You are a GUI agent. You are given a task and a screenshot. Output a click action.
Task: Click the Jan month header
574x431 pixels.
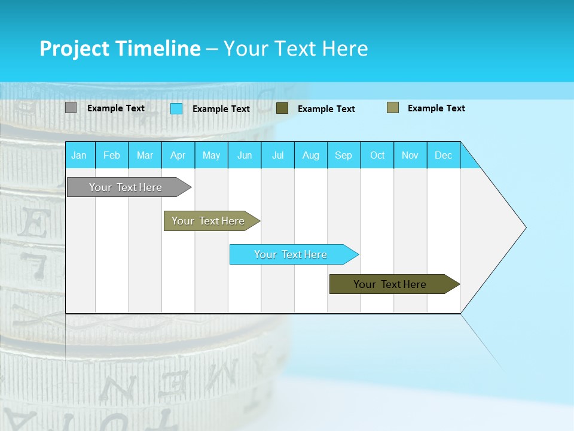(x=79, y=155)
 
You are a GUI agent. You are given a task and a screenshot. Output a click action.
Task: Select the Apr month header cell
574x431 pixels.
(x=178, y=155)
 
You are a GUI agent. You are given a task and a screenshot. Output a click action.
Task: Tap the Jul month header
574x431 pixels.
(x=277, y=155)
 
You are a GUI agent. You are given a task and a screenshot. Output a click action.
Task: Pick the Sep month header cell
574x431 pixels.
(x=344, y=155)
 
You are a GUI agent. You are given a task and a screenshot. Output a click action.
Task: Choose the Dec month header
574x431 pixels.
(x=443, y=155)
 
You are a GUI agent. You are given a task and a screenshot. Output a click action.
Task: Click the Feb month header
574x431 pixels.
(x=112, y=155)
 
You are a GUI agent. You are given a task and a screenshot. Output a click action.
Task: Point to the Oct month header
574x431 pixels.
(x=377, y=155)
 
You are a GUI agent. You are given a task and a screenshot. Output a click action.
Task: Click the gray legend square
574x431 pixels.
(x=71, y=108)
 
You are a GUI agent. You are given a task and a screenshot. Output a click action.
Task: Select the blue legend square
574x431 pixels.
(x=176, y=108)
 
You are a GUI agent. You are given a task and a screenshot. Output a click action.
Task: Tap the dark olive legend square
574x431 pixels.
(x=282, y=108)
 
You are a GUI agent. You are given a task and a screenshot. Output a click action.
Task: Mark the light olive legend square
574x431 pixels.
(x=393, y=108)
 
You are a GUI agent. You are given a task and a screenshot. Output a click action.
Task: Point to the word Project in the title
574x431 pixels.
(x=75, y=48)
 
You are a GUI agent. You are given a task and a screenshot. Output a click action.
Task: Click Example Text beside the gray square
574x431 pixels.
(x=116, y=108)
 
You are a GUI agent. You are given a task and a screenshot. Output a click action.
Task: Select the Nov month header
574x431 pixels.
(x=410, y=155)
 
